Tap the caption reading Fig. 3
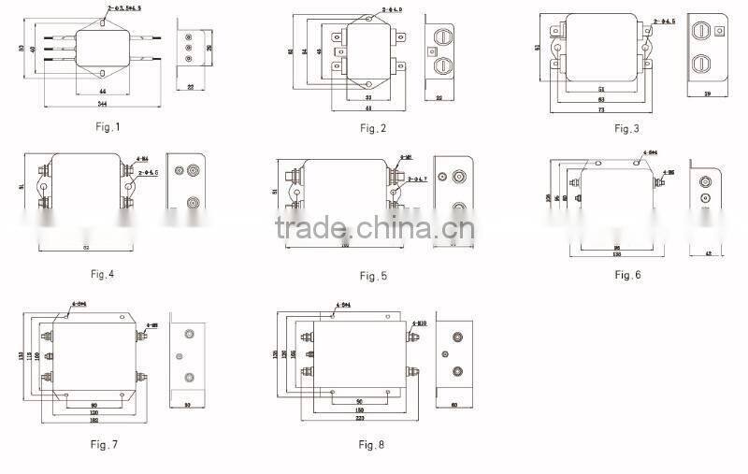point(626,128)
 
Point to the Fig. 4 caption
point(106,274)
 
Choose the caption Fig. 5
point(373,276)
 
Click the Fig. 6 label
point(627,275)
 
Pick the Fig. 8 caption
point(371,445)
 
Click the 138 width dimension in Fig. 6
point(617,254)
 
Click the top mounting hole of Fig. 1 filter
point(100,22)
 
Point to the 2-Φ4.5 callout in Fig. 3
point(665,20)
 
